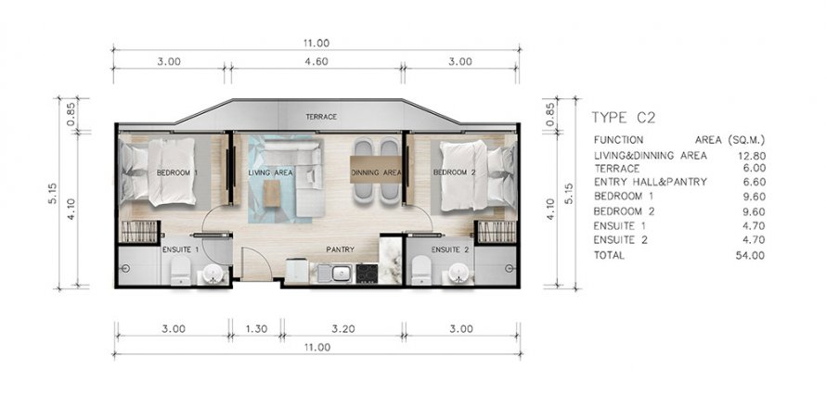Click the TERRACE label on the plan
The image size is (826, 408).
321,117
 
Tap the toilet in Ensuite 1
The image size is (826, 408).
181,271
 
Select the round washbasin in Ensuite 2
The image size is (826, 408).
458,273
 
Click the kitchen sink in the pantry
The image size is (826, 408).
341,274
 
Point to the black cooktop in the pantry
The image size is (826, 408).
367,274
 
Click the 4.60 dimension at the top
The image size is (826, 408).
316,61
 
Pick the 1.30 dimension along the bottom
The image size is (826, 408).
257,329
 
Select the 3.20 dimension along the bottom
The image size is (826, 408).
343,329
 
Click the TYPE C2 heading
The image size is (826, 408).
623,118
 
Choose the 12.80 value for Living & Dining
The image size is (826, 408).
752,156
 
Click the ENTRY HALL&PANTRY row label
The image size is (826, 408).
650,182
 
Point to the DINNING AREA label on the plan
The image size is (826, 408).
376,172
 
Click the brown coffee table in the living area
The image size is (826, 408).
272,193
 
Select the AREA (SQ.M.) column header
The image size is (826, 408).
729,140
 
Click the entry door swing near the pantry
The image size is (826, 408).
256,262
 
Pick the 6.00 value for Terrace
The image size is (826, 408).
754,169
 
